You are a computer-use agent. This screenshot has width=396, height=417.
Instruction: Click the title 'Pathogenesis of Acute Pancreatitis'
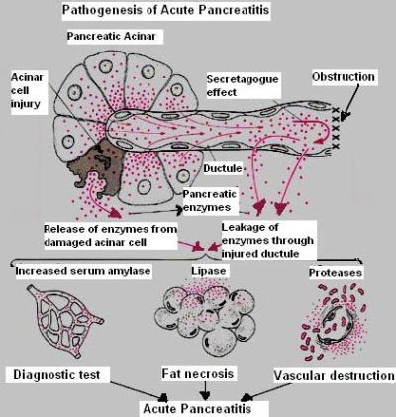pos(165,10)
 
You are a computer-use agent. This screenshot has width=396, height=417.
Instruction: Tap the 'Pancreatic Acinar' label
pos(111,36)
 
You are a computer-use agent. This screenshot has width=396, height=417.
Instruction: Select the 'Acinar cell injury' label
pos(27,90)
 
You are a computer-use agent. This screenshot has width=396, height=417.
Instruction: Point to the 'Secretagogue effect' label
pos(243,85)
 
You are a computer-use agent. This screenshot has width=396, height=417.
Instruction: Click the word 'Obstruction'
pos(344,77)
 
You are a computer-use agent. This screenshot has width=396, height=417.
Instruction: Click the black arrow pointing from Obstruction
pos(350,101)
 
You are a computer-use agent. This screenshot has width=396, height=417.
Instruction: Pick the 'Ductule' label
pos(223,168)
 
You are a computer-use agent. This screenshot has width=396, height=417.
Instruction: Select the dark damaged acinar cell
pos(96,165)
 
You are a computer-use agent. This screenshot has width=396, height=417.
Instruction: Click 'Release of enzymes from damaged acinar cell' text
pos(110,236)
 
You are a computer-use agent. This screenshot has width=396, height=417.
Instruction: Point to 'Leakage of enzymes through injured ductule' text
pos(267,240)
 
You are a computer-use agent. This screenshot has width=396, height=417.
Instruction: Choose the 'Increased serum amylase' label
pos(83,271)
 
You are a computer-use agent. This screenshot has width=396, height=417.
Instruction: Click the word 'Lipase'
pos(209,271)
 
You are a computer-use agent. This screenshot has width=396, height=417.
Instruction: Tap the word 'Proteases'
pos(336,273)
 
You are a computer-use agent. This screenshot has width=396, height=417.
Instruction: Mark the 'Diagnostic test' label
pos(56,375)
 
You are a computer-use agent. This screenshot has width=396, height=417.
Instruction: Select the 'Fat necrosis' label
pos(197,374)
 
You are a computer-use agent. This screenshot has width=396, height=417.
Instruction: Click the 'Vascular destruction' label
pos(334,376)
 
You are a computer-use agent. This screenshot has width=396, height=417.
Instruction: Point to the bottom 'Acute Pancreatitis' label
pos(197,409)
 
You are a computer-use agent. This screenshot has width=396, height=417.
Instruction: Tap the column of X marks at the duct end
pos(336,128)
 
